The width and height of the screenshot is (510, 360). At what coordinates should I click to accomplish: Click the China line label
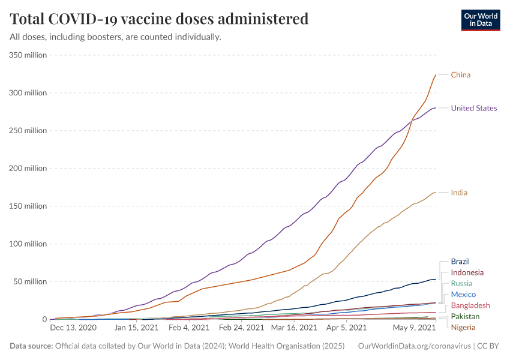point(460,75)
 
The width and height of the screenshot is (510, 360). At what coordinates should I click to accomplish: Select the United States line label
point(473,108)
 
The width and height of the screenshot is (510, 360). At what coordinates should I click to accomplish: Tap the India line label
point(459,193)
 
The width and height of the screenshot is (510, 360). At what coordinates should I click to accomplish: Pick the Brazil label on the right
point(460,262)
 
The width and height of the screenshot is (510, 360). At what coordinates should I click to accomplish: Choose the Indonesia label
point(467,272)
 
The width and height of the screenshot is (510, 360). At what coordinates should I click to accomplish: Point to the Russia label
point(461,283)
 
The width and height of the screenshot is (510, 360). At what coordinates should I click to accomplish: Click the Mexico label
point(463,295)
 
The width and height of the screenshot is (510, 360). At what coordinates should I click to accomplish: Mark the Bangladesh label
point(470,305)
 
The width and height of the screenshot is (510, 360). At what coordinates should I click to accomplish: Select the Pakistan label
point(465,316)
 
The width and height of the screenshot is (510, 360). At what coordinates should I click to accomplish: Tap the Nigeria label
point(463,327)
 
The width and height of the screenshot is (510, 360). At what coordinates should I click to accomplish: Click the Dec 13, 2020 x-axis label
point(73,328)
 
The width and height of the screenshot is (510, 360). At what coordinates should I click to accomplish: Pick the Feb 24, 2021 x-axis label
point(241,328)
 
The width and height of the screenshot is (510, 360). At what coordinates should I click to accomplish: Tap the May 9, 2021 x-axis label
point(413,328)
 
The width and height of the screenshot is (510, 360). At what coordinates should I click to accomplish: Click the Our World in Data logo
point(481,20)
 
